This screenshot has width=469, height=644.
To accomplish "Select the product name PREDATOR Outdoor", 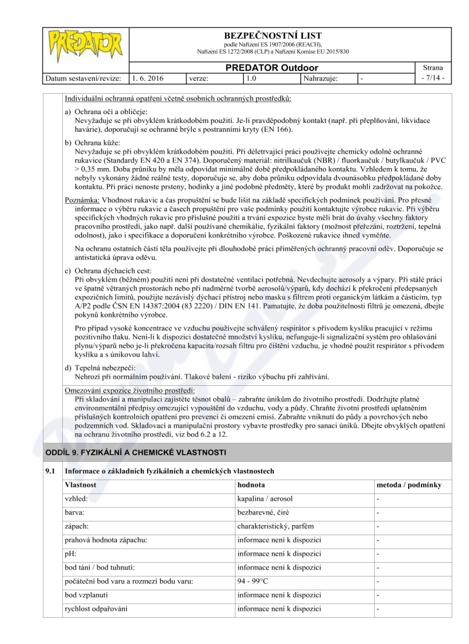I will click(273, 68).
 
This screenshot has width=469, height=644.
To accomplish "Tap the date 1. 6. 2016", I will click(149, 77).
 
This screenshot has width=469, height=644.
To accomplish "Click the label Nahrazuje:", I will click(321, 77).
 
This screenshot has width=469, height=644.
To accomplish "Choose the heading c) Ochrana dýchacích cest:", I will click(108, 270).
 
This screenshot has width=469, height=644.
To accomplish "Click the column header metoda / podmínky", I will click(409, 485).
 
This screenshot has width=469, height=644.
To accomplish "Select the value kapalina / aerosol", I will click(265, 499).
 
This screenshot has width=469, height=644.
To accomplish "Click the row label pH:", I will click(71, 553).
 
